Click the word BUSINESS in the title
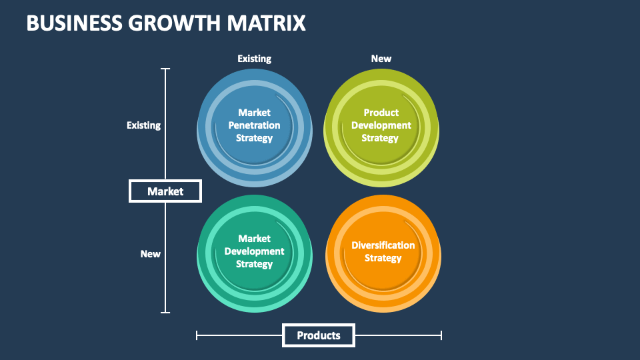(74, 23)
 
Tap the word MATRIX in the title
(267, 23)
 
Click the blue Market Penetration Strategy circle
(254, 127)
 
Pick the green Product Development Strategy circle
(381, 127)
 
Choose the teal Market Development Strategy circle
(254, 253)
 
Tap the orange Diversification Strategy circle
(383, 253)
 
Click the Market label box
(165, 191)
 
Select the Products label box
(319, 335)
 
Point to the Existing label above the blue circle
(254, 59)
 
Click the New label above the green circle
(381, 59)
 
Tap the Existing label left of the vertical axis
(144, 125)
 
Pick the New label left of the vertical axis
(150, 254)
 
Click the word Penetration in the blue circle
(254, 125)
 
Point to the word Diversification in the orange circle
(383, 245)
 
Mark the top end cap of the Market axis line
(165, 69)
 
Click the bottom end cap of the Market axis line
(165, 313)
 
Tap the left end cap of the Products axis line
(197, 335)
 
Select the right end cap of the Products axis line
(441, 335)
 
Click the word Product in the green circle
(381, 113)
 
